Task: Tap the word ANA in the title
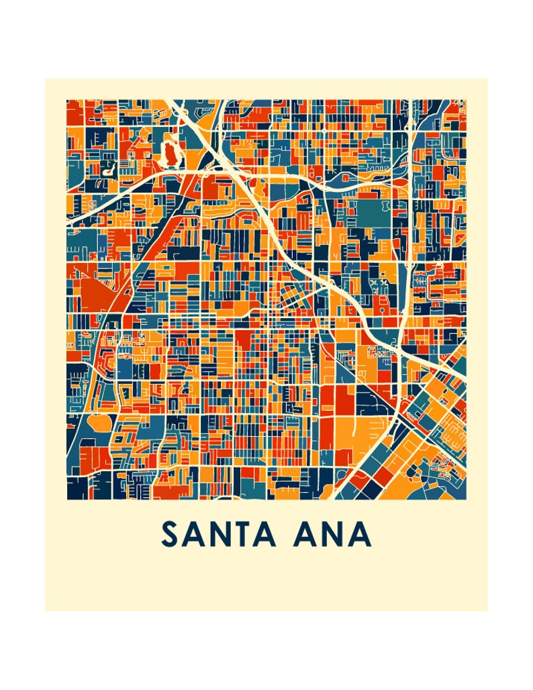[332, 534]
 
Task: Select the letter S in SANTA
[170, 534]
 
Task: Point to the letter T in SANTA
[243, 534]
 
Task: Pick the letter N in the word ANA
[333, 534]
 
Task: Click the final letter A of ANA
[359, 534]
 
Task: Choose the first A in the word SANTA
[194, 534]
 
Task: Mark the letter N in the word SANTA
[219, 534]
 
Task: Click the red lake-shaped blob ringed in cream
[171, 153]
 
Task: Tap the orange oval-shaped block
[99, 424]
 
